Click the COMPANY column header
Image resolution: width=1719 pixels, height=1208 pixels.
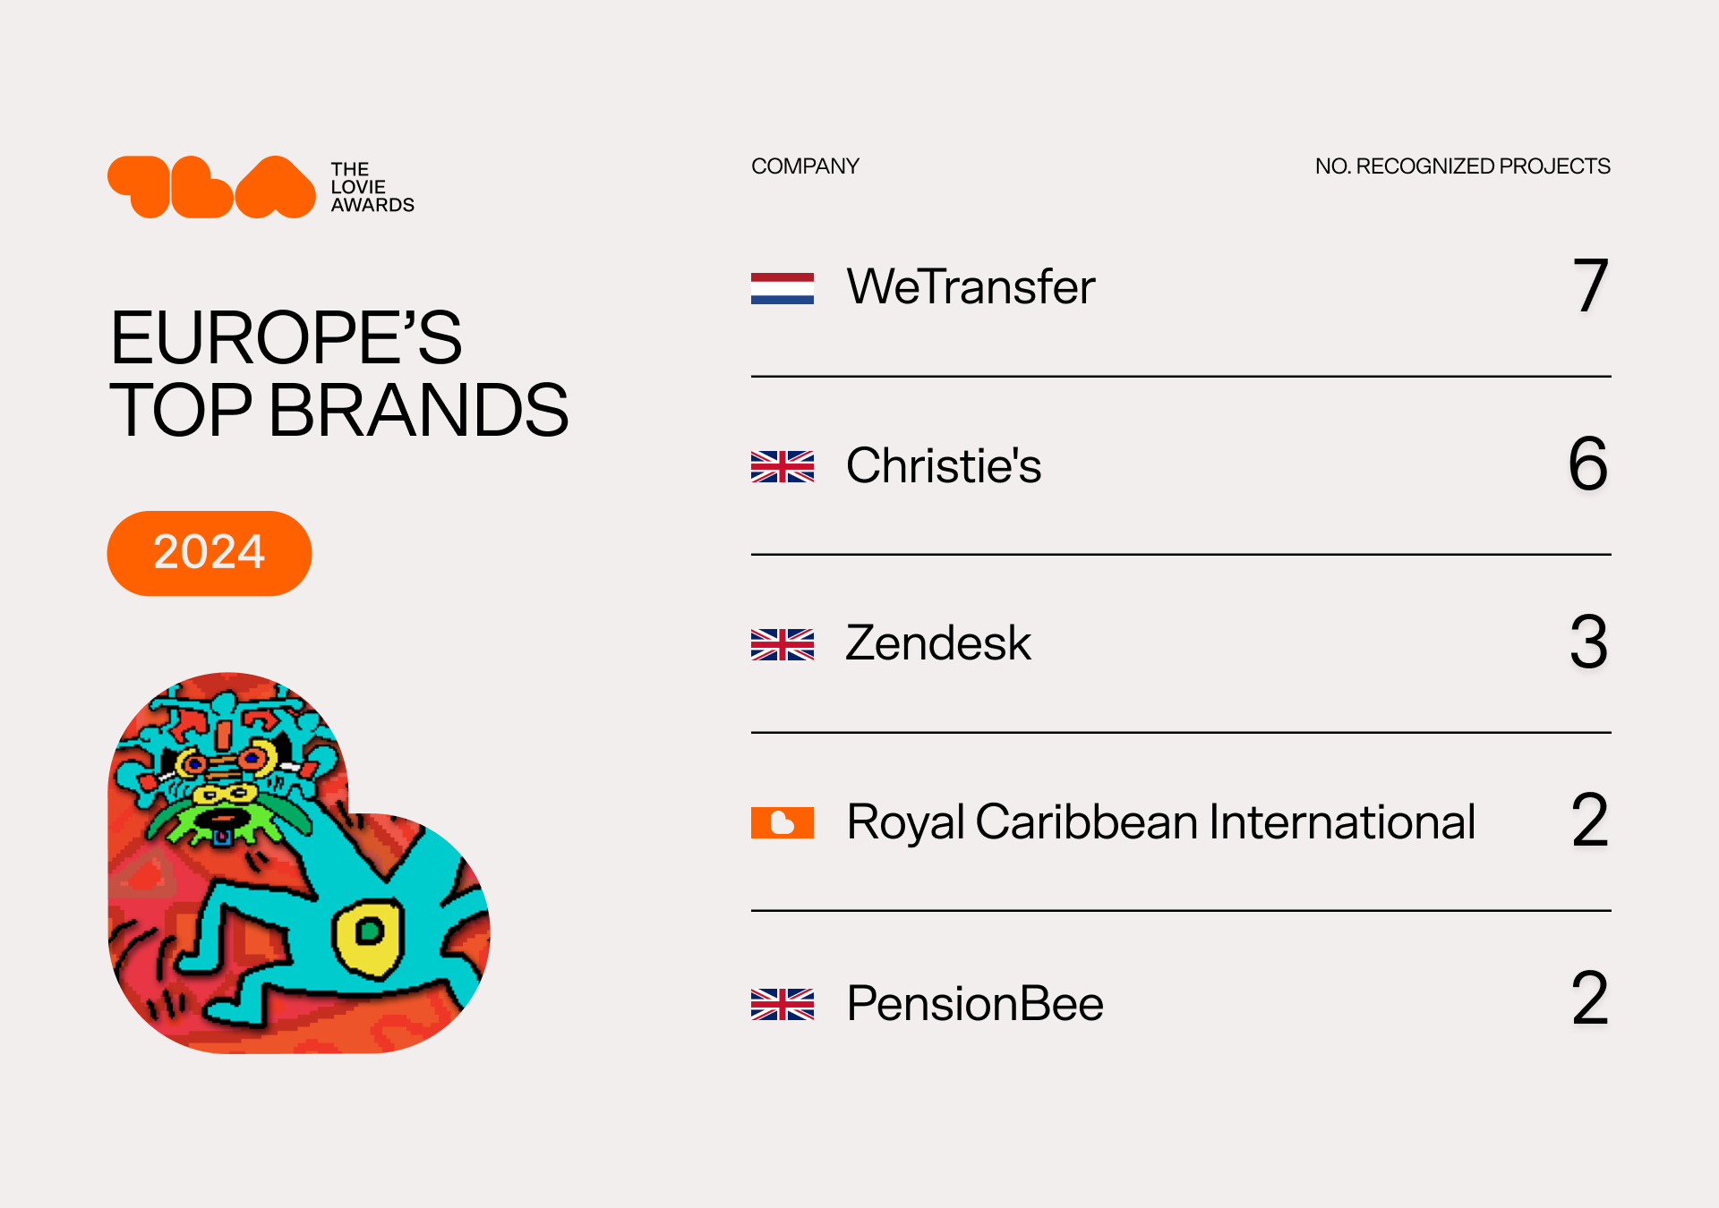(x=805, y=166)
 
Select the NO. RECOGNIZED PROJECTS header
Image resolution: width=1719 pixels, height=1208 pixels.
(x=1462, y=166)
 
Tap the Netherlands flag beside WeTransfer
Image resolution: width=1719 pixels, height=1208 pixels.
(x=783, y=288)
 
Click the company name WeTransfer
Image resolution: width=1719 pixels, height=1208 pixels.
(x=971, y=286)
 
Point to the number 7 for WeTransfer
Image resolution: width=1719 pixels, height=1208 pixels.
(x=1591, y=285)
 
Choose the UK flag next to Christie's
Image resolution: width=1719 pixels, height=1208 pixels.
(x=783, y=466)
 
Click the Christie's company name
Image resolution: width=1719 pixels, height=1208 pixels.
(x=944, y=465)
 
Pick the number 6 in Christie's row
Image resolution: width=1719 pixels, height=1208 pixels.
(x=1588, y=464)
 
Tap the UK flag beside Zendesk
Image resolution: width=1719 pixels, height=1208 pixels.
(x=783, y=644)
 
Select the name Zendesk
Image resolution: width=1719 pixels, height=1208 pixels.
(x=938, y=642)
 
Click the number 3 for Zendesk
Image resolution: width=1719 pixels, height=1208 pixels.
(x=1589, y=642)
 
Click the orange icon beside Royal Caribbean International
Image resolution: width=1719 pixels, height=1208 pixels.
(x=783, y=822)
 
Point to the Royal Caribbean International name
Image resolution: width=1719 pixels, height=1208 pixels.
(x=1161, y=822)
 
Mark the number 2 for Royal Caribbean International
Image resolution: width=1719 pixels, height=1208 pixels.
(x=1590, y=820)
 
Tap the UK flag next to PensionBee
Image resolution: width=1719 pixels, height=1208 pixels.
(x=783, y=1004)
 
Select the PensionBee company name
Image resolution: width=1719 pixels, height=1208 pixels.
(x=975, y=1003)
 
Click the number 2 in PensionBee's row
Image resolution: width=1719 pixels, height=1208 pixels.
(x=1590, y=998)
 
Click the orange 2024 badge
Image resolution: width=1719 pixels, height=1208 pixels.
(x=210, y=553)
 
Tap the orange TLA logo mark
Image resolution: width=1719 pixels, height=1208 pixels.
(x=211, y=187)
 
